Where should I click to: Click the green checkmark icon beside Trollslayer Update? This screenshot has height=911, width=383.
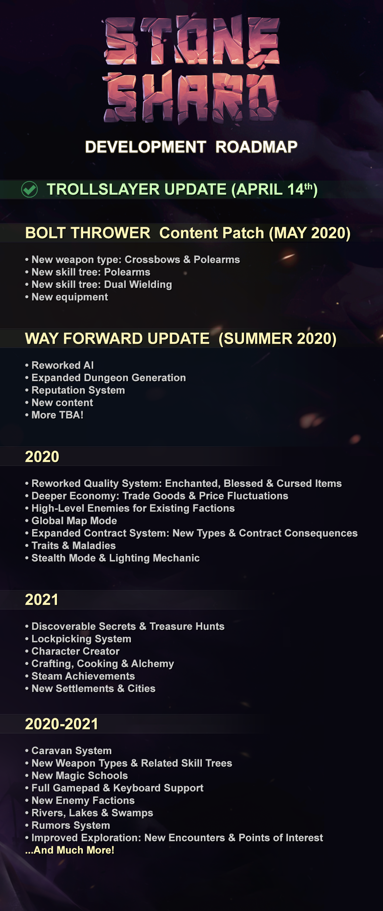point(30,189)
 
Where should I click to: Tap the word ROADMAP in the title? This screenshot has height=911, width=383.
point(256,147)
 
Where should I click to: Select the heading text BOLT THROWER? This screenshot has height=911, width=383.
point(88,233)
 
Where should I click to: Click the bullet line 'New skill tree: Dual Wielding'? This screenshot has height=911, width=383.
point(101,285)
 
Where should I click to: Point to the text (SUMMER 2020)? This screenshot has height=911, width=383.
point(277,339)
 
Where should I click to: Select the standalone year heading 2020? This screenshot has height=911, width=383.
point(42,457)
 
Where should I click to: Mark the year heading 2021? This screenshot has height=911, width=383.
point(42,599)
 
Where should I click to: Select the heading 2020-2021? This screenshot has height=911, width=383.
point(61,724)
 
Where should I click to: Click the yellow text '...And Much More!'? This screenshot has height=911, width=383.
point(70,850)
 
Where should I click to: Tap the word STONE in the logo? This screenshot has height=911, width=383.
point(191,41)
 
